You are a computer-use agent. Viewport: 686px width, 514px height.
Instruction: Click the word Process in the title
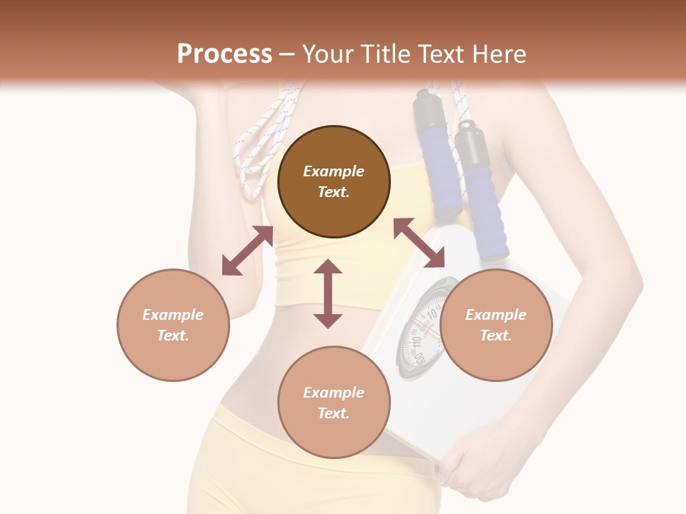[x=224, y=54]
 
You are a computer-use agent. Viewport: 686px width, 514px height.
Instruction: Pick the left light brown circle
[x=173, y=325]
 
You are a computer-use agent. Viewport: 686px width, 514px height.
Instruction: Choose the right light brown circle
[x=496, y=325]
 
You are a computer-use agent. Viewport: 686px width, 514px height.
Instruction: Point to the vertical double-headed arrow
[x=328, y=293]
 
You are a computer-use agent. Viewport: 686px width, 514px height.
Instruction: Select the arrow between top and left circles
[x=247, y=251]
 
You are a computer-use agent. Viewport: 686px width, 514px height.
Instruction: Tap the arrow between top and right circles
[x=419, y=243]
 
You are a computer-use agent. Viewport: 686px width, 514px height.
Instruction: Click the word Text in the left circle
[x=173, y=336]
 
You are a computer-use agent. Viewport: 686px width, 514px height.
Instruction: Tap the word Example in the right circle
[x=496, y=315]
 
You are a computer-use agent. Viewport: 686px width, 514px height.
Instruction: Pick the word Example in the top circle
[x=334, y=171]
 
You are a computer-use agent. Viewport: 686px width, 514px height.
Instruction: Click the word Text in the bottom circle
[x=334, y=413]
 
